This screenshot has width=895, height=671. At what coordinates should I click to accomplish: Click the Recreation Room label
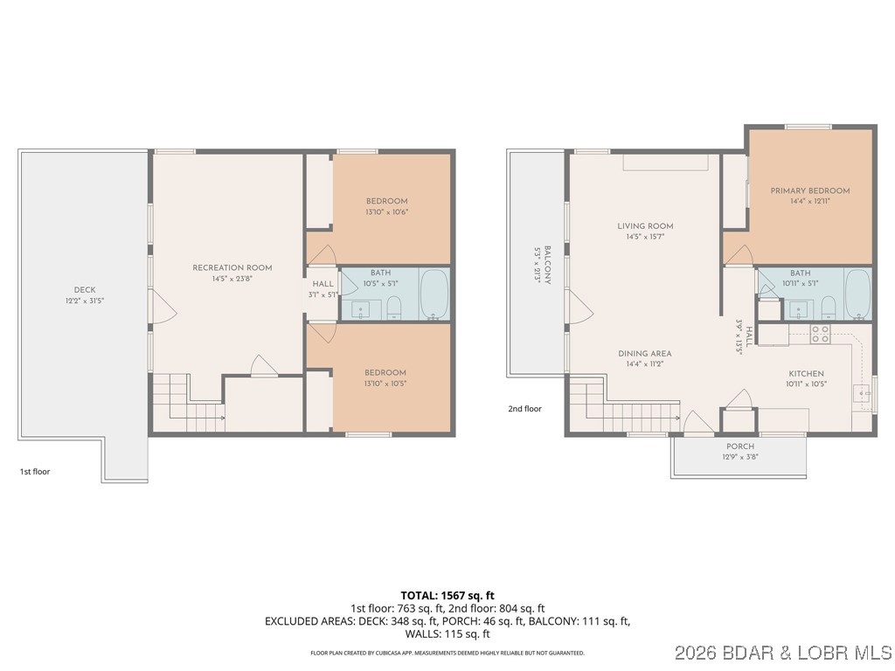232,268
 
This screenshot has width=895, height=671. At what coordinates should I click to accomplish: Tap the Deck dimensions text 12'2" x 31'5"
85,301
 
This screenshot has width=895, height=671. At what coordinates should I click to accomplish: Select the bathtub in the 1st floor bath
434,294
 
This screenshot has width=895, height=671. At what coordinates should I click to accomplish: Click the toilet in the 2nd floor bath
828,306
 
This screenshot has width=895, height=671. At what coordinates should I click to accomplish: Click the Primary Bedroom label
809,190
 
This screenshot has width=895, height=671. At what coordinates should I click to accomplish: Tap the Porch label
739,446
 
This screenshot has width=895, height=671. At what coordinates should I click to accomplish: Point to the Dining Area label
645,354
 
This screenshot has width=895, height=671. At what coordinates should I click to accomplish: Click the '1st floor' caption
35,472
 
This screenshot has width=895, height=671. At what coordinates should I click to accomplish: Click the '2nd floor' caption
525,408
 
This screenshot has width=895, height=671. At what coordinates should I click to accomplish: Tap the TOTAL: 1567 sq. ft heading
447,595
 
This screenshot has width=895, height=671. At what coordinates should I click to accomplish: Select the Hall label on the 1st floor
323,284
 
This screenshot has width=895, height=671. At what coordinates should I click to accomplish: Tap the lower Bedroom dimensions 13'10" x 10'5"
386,384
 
